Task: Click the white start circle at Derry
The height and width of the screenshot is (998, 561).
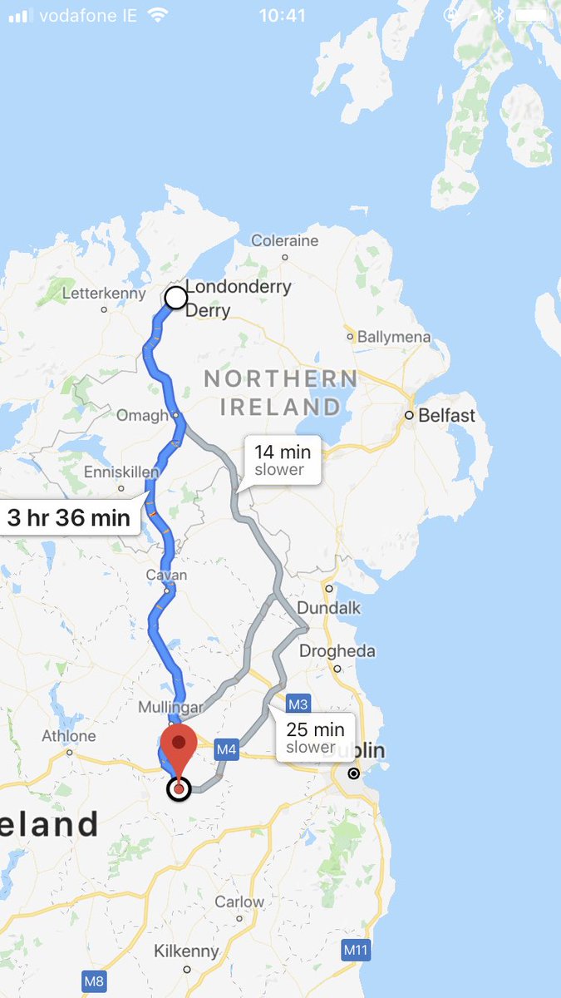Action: click(x=176, y=297)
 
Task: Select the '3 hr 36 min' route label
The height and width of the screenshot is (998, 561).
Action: click(x=68, y=518)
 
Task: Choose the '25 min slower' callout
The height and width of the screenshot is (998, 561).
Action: click(x=315, y=738)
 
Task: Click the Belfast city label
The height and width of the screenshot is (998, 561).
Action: click(x=446, y=415)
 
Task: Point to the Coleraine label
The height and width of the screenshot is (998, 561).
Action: click(x=284, y=241)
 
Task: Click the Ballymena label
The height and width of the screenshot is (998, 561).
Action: click(x=394, y=337)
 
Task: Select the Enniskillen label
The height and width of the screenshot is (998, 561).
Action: click(x=121, y=472)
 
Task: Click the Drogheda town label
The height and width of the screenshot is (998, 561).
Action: click(x=337, y=651)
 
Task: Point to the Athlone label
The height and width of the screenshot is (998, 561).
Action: click(x=69, y=736)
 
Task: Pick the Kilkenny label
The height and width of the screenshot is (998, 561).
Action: click(x=186, y=951)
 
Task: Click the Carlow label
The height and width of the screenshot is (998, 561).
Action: click(x=239, y=902)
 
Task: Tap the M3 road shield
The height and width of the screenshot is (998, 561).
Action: click(x=298, y=704)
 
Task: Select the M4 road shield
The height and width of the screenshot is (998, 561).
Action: click(x=227, y=749)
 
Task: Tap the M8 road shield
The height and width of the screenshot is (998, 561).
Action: click(x=94, y=981)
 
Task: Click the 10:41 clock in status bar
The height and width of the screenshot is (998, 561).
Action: click(x=282, y=15)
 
